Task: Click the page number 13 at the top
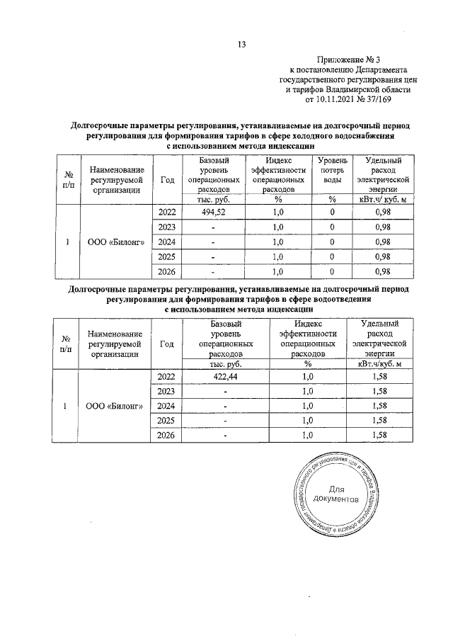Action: click(x=241, y=45)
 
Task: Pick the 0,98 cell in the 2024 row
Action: click(x=382, y=242)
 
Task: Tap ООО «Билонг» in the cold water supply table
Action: click(x=116, y=242)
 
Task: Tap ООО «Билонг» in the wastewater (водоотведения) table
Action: click(x=115, y=407)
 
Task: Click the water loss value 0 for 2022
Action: click(x=332, y=212)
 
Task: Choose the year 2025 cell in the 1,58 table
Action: click(x=166, y=421)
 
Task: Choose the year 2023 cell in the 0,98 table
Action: click(x=166, y=227)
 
